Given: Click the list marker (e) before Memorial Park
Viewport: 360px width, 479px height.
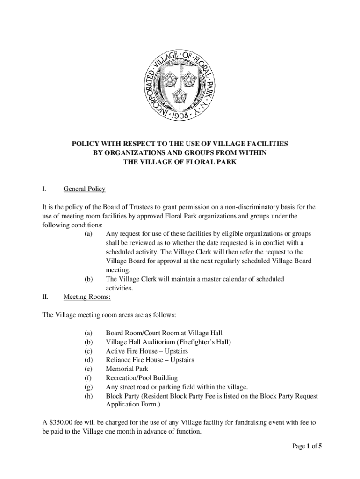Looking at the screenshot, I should coord(88,369).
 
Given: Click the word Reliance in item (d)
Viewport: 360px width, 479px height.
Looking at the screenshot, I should coord(120,360).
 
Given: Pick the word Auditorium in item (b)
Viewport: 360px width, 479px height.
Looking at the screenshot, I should coord(162,342).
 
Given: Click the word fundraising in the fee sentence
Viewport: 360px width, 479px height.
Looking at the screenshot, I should coord(235,423).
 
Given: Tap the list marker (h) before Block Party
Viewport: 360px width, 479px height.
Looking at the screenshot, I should coord(88,396).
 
